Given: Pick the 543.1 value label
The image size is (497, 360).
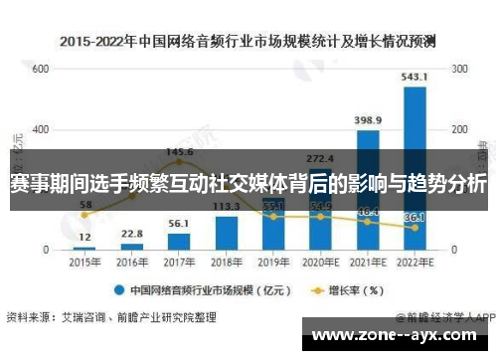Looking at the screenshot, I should point(415,77).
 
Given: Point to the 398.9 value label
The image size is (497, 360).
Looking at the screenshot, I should point(368,119).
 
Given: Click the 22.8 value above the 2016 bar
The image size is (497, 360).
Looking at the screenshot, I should point(132,234).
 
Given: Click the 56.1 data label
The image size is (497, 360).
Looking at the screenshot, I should point(179,224).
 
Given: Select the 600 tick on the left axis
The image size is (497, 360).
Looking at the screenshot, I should point(40,70).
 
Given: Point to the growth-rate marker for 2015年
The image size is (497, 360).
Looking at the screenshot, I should point(85,215).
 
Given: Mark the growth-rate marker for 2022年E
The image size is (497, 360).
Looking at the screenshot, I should point(414,228).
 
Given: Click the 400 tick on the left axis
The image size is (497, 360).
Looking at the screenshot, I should point(40,130).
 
